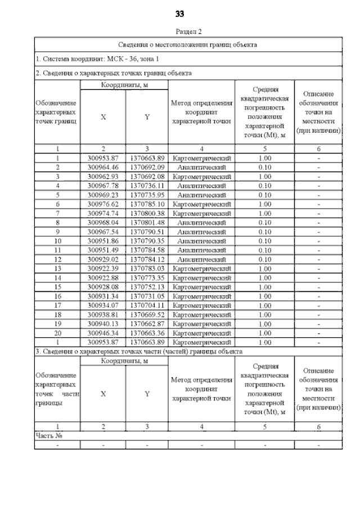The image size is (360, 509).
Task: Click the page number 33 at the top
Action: click(x=180, y=13)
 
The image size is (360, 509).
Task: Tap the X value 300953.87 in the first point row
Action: click(x=103, y=159)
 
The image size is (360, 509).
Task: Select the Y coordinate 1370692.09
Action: click(x=147, y=168)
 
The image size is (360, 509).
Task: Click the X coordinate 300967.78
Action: click(x=103, y=186)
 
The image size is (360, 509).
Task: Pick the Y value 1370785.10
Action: click(x=147, y=204)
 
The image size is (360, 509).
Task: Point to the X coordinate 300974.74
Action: click(x=103, y=213)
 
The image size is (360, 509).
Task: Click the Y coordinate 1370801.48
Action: click(x=147, y=222)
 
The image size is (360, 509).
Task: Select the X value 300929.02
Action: click(x=103, y=259)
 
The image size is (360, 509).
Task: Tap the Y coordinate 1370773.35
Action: click(x=147, y=277)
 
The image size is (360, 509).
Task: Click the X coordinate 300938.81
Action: click(x=103, y=314)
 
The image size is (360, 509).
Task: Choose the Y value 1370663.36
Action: click(x=147, y=333)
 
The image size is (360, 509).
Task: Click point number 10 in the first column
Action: click(x=57, y=241)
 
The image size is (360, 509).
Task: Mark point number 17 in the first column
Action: click(x=57, y=305)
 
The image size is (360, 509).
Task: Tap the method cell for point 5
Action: click(x=202, y=195)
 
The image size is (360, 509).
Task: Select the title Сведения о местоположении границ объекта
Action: click(x=188, y=44)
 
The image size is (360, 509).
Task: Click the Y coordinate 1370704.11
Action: click(x=147, y=305)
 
